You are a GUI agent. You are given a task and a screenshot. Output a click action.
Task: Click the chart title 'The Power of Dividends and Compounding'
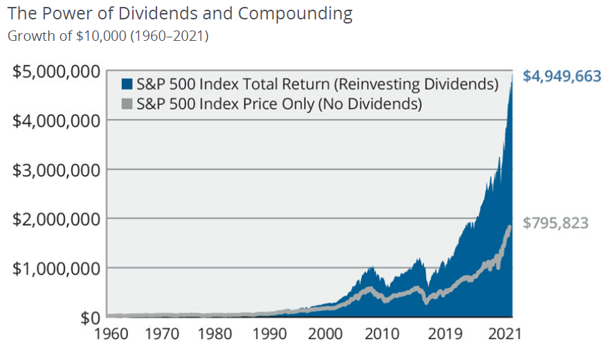180,13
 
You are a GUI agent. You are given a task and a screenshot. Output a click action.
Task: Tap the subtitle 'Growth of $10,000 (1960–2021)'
108,36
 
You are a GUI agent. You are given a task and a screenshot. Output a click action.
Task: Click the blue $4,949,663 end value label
561,76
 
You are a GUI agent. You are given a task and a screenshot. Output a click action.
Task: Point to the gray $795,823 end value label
556,223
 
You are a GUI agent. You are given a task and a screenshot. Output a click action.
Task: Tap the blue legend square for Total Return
127,84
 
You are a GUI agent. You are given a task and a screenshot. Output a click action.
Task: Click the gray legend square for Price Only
127,104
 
